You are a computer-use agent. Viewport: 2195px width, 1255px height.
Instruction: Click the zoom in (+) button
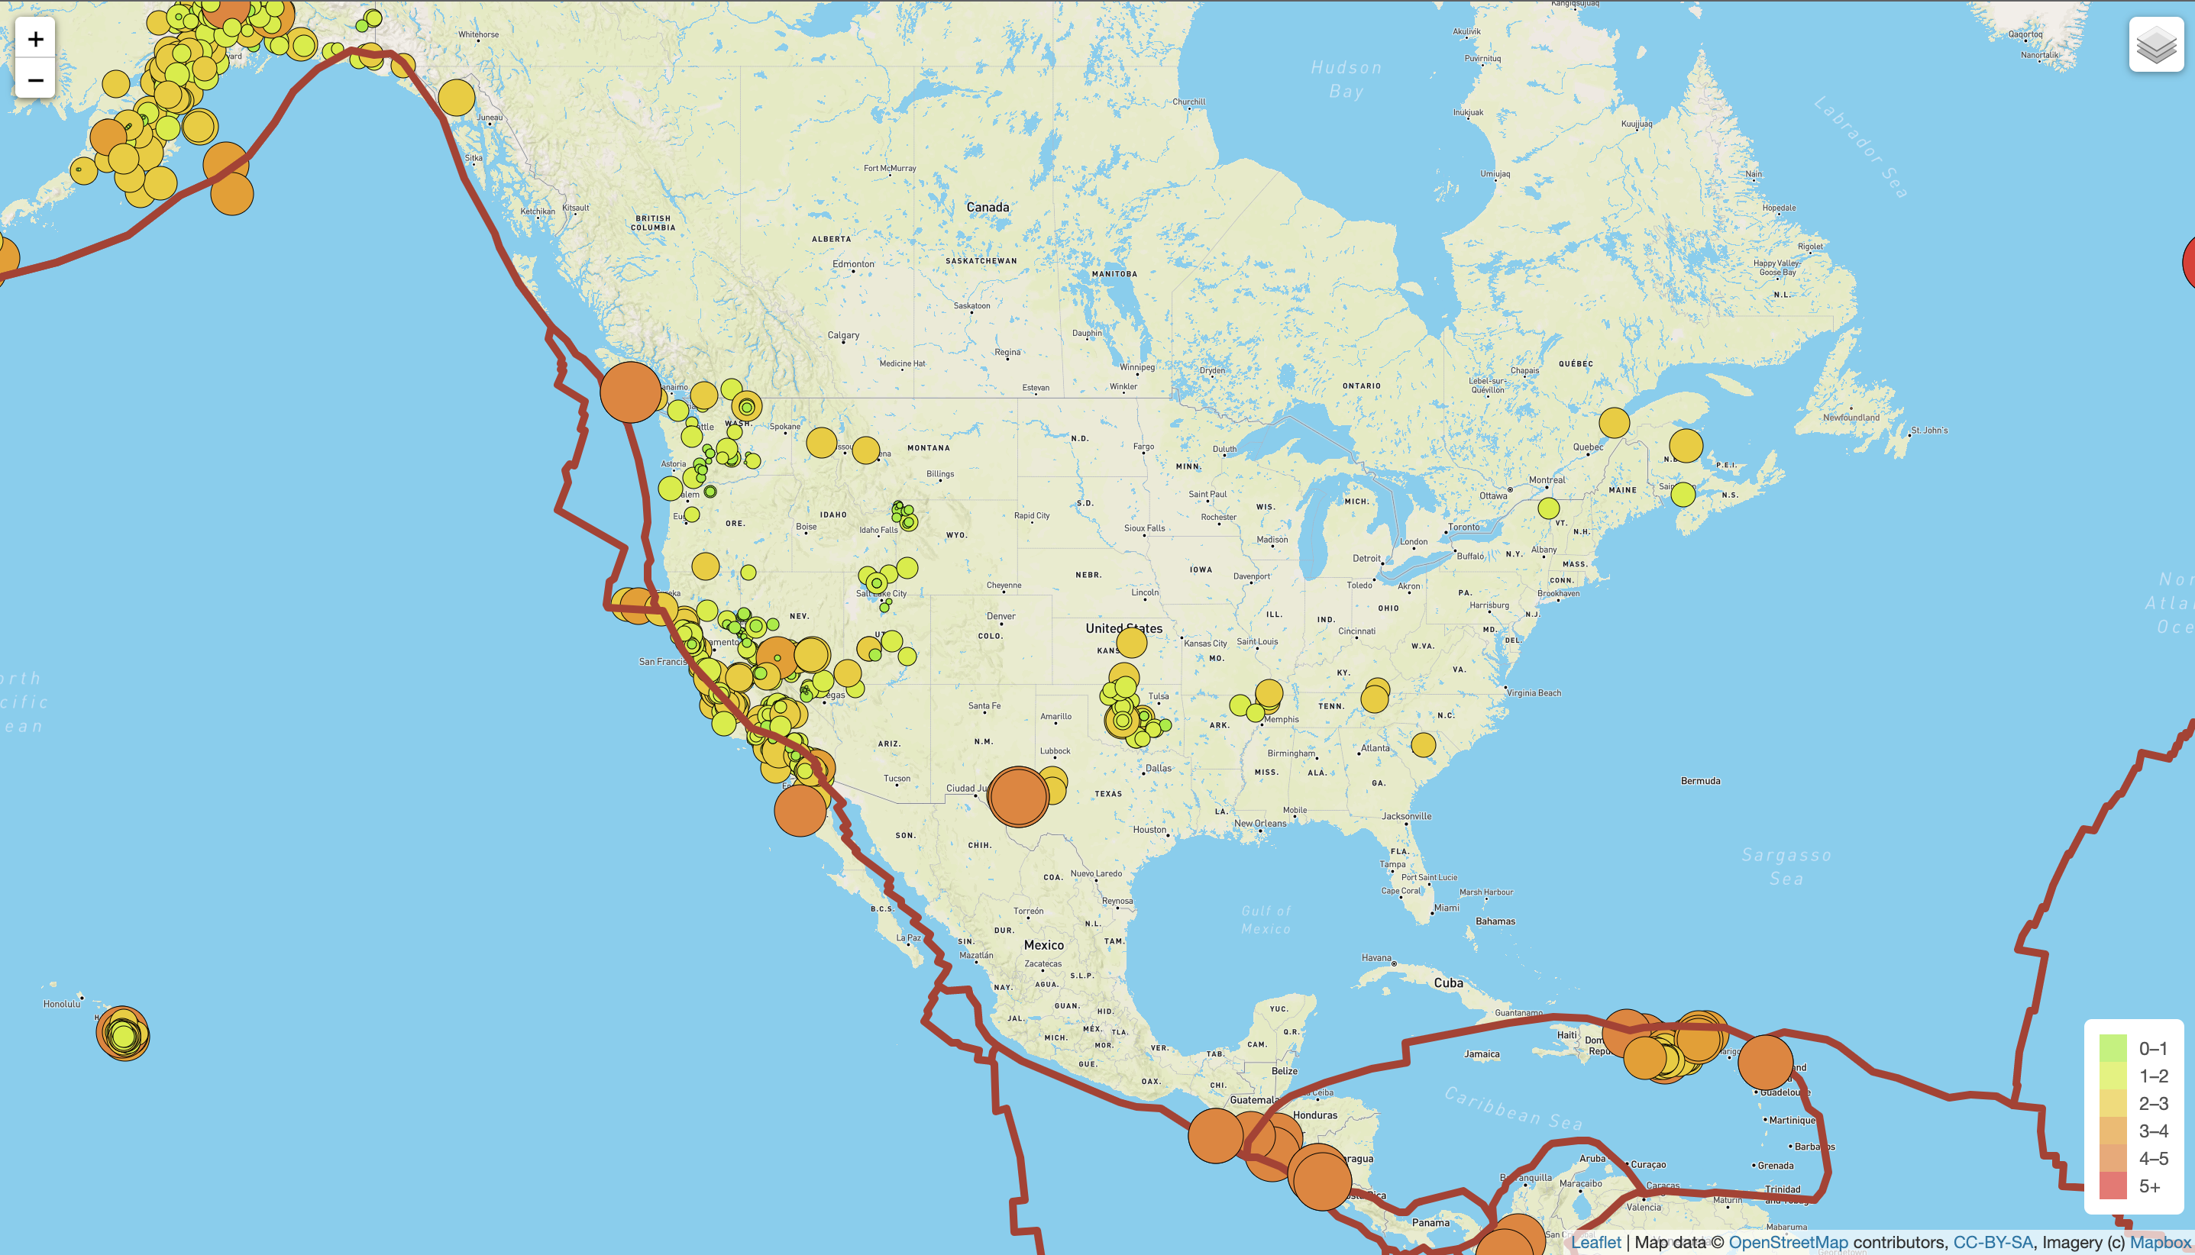[35, 39]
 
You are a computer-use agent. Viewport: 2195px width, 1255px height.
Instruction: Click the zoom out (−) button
[35, 80]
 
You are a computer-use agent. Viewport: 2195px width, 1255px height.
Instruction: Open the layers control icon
[2155, 45]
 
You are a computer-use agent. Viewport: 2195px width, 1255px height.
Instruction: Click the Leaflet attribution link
[1595, 1242]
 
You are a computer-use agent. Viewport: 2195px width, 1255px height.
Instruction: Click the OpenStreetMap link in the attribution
[1788, 1242]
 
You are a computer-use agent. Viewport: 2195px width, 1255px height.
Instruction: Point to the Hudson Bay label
[1346, 79]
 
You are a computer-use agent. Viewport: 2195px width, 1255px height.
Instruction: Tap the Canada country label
[988, 208]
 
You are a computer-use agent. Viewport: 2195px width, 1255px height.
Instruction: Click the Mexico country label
[1043, 946]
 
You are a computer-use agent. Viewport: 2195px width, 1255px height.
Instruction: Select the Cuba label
[1448, 983]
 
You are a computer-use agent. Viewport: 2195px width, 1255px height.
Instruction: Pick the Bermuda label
[1700, 781]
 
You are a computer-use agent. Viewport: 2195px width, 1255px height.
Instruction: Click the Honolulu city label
[62, 1004]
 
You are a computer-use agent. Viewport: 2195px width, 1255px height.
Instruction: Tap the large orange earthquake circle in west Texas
[1018, 796]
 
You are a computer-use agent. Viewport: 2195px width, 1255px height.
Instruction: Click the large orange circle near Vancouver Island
[630, 392]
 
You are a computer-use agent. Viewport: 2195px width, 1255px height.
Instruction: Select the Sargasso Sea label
[1786, 866]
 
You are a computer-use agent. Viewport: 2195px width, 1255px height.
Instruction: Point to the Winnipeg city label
[1137, 367]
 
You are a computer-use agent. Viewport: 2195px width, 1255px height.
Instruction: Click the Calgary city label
[843, 335]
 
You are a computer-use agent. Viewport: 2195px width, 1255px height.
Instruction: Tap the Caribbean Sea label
[1513, 1108]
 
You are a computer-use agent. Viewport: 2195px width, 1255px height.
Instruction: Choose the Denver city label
[1001, 616]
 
